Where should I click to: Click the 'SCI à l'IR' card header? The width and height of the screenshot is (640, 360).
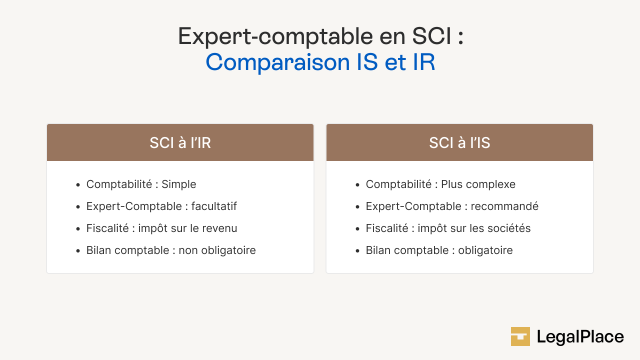click(180, 143)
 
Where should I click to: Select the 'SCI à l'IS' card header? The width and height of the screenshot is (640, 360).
click(459, 143)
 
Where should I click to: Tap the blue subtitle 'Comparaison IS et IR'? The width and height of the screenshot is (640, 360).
click(320, 62)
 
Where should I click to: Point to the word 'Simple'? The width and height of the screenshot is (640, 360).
click(178, 184)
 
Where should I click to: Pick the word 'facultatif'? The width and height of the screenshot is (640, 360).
click(214, 206)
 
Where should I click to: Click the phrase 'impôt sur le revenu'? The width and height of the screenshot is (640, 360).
click(187, 228)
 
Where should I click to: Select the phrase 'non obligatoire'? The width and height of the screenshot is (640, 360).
click(217, 250)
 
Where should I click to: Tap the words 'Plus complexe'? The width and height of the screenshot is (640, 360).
click(478, 184)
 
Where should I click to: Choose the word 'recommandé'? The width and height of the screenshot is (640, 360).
click(504, 206)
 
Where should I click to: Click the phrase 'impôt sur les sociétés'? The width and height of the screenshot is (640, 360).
click(474, 228)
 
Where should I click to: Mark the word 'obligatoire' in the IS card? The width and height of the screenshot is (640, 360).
click(485, 250)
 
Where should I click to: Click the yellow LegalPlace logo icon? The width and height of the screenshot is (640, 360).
click(520, 336)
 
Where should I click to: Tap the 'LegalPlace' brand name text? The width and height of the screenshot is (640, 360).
click(580, 337)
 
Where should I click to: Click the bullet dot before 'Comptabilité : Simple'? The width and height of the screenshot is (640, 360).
click(78, 185)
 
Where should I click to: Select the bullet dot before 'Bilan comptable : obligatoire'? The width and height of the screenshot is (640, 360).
click(357, 251)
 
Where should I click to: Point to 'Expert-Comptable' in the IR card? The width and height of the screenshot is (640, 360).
click(126, 206)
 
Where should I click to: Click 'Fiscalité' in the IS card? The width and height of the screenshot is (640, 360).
click(387, 228)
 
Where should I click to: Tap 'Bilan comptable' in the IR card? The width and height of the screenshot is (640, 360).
click(127, 250)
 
